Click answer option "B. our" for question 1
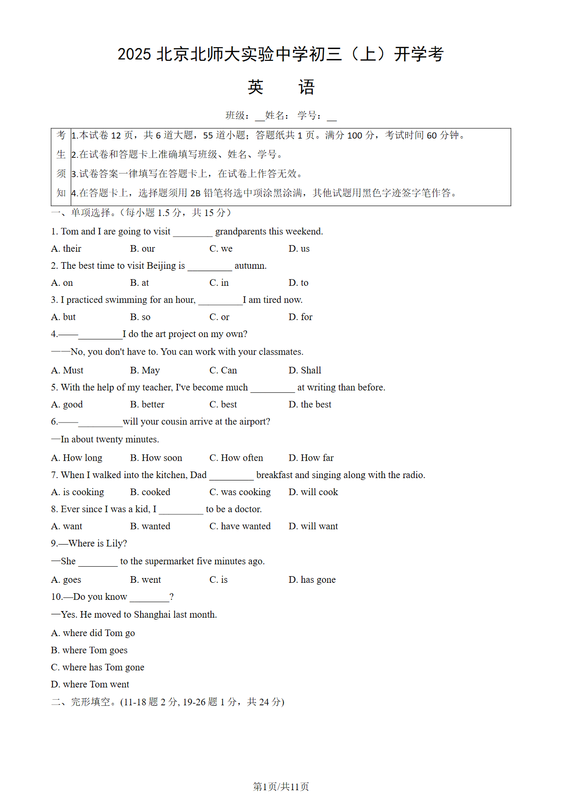[x=143, y=248]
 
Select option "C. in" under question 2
[x=219, y=283]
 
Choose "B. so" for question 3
[x=140, y=317]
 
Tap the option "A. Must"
[x=67, y=371]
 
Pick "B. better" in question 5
[x=147, y=405]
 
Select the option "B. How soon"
[x=156, y=458]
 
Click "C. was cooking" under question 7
[x=240, y=492]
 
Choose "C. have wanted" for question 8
[x=240, y=526]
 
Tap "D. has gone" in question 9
[x=312, y=580]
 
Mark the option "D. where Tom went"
[x=90, y=685]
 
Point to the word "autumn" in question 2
[x=250, y=266]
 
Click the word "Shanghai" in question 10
[x=152, y=615]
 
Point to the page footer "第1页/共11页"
[x=281, y=786]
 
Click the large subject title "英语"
[x=281, y=87]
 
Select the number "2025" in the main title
[x=134, y=54]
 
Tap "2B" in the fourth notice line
[x=195, y=193]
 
